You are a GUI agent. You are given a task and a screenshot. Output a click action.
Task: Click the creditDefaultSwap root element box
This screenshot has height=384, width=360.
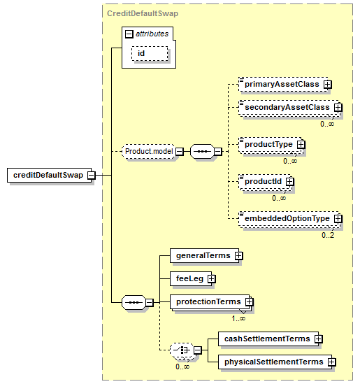49,175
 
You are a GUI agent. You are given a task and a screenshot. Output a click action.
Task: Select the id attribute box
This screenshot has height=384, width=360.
150,53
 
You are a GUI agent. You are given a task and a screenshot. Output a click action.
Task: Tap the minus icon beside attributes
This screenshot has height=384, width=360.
129,34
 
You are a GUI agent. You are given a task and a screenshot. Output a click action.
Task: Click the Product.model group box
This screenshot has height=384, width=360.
149,151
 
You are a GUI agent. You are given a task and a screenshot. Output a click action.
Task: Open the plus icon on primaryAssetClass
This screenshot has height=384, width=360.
327,85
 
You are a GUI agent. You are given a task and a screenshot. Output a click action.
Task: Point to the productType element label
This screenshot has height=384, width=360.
268,144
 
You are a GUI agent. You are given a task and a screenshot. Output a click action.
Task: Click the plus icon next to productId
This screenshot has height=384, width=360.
290,181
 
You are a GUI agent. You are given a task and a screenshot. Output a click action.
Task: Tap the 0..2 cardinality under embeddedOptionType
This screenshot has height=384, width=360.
328,235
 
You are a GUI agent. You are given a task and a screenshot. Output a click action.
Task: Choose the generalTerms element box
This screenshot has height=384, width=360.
204,256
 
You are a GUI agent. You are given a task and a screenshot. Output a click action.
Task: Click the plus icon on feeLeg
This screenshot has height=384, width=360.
211,279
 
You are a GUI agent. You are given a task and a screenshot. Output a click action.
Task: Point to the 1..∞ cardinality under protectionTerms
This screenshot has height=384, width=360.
238,318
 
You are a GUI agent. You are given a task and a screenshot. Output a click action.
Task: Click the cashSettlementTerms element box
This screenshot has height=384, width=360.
268,339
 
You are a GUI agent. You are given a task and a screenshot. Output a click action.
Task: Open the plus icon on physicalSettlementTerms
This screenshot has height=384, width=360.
331,362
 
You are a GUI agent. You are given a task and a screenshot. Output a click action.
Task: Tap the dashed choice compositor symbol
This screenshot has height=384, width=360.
182,350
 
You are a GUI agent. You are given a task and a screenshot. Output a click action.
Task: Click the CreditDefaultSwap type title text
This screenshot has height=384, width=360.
143,13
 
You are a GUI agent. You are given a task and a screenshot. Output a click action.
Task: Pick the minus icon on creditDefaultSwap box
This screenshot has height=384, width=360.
92,176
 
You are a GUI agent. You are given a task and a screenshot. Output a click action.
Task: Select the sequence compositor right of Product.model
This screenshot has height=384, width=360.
202,151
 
